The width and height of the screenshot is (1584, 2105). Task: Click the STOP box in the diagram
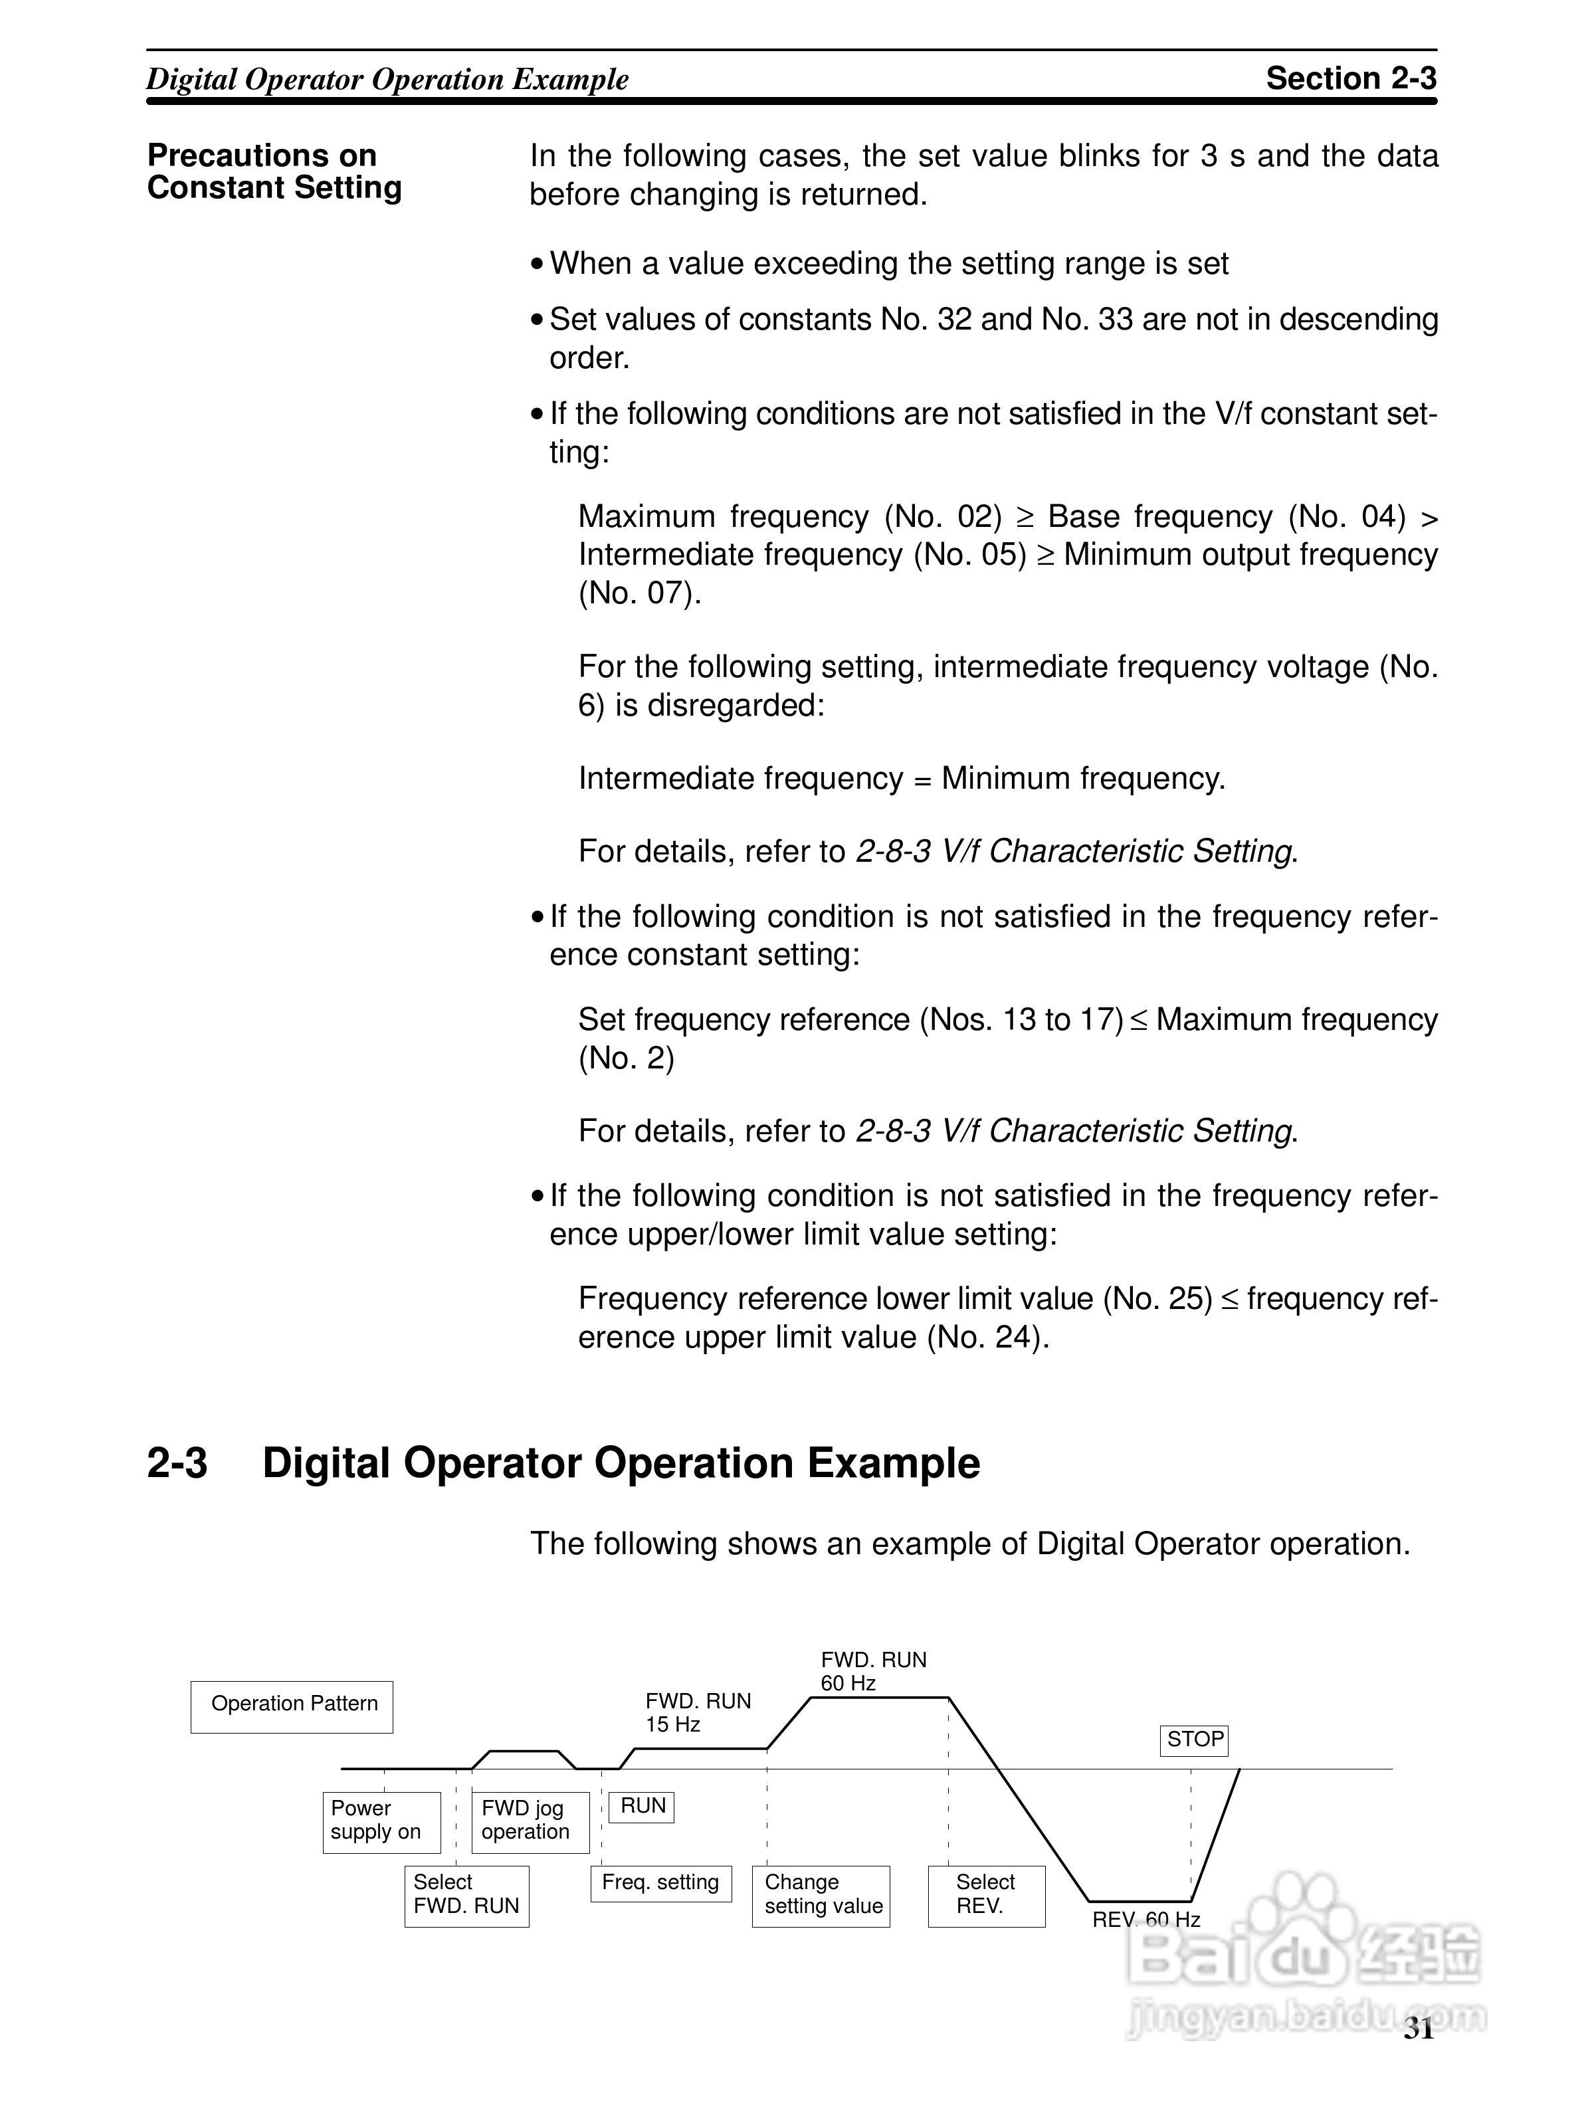click(x=1194, y=1740)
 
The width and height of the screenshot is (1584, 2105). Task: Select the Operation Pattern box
click(x=292, y=1706)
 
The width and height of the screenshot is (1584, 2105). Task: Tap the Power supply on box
click(x=381, y=1823)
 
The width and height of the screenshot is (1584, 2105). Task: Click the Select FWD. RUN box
click(x=466, y=1896)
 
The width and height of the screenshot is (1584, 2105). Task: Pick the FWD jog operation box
click(x=530, y=1823)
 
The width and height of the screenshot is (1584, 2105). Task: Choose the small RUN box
click(x=641, y=1806)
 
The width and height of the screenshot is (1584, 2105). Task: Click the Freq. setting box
click(x=661, y=1883)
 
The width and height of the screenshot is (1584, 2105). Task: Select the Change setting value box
click(x=821, y=1896)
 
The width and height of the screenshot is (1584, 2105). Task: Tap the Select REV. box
click(x=987, y=1896)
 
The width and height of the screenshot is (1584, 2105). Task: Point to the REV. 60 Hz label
click(x=1145, y=1920)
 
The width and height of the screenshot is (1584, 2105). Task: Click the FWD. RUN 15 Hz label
click(x=698, y=1712)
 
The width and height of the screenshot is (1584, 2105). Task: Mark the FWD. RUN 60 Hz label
click(x=873, y=1671)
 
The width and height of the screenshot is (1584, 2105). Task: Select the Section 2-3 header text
click(x=1350, y=78)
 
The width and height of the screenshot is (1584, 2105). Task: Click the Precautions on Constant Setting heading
click(x=274, y=171)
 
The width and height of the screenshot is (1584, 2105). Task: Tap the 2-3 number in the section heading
click(x=177, y=1462)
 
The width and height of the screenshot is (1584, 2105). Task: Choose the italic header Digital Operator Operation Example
click(x=387, y=79)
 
